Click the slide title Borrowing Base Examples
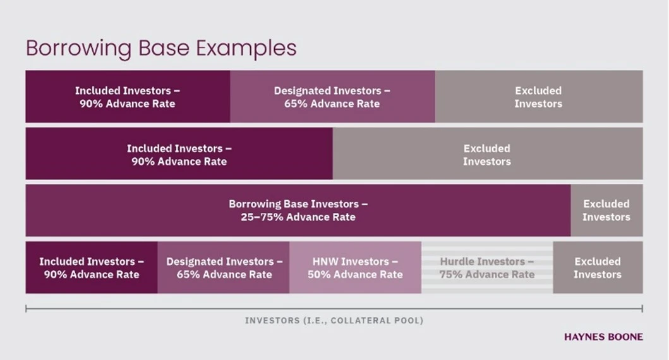pos(161,49)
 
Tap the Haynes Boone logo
pos(603,337)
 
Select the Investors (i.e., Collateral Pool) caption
pos(334,321)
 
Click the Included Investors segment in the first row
pos(128,97)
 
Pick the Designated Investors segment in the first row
pos(332,97)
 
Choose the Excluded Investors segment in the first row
pos(538,97)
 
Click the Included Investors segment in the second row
pos(179,154)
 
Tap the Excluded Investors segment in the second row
pos(487,154)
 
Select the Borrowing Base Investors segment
pos(298,210)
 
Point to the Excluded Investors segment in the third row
pos(606,210)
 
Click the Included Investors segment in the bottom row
pos(92,268)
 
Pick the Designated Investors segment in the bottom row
pos(224,268)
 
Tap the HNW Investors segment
pos(355,268)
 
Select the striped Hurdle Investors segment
pos(487,268)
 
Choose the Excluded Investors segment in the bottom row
pos(598,268)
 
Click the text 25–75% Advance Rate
pos(298,217)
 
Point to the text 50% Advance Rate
pos(355,275)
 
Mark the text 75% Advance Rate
pos(487,275)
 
